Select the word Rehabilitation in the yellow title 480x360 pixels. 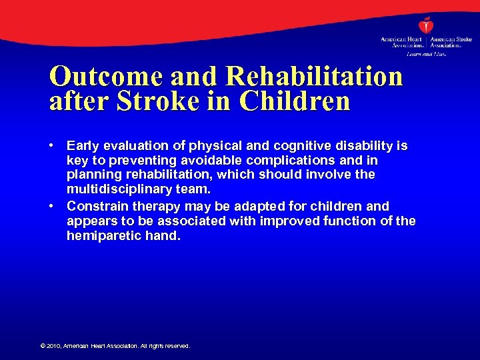coord(315,77)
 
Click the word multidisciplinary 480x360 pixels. coord(117,189)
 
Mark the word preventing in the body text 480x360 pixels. coord(125,160)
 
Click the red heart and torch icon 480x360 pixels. coord(426,25)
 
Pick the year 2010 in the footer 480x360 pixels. coord(53,346)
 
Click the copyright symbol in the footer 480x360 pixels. coord(42,346)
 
